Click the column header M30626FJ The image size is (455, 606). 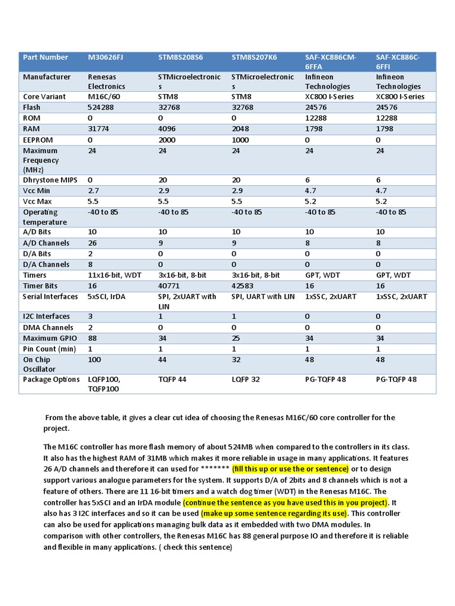coord(106,57)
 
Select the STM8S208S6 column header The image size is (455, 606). coord(181,57)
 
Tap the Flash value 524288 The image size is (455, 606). coord(101,107)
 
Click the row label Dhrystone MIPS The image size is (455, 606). coord(50,178)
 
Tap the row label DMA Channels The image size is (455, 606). coord(48,327)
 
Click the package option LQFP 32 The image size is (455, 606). coord(245,379)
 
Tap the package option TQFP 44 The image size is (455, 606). coord(172,379)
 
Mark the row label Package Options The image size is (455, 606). coord(51,379)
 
